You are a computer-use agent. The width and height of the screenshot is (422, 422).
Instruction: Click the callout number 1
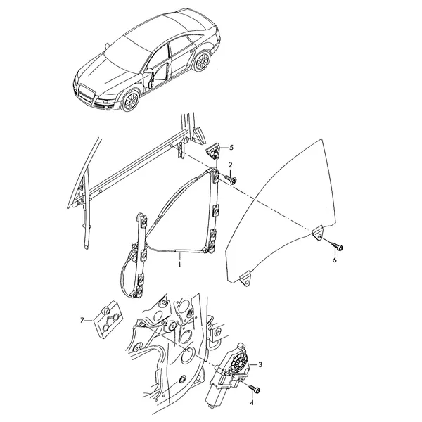click(x=179, y=264)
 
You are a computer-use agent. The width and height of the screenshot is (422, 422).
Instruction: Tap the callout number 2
click(x=230, y=165)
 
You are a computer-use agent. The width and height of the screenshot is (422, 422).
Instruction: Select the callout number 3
click(x=260, y=364)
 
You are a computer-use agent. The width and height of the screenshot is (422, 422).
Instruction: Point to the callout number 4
click(x=252, y=402)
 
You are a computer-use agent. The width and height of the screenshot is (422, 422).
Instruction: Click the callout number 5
click(x=231, y=148)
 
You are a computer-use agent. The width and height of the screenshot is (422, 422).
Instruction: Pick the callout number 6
click(x=335, y=260)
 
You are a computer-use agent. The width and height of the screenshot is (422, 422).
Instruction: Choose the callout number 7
click(x=82, y=320)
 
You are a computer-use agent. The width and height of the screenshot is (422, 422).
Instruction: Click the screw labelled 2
click(x=231, y=179)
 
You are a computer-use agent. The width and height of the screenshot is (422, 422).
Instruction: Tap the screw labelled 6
click(x=338, y=246)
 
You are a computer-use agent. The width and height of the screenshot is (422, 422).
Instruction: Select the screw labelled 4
click(x=255, y=388)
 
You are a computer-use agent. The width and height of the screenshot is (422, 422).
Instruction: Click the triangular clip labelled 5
click(x=214, y=151)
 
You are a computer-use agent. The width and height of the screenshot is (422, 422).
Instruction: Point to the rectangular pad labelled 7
click(x=108, y=319)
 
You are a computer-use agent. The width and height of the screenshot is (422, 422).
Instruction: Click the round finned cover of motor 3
click(x=238, y=363)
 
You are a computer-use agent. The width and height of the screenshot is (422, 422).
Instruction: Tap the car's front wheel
click(x=131, y=101)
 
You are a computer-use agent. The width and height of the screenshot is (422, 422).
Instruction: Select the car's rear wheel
click(x=202, y=61)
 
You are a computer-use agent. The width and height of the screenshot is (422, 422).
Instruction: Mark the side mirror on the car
click(x=148, y=70)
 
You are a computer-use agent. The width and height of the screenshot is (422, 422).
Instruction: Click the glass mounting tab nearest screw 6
click(x=318, y=234)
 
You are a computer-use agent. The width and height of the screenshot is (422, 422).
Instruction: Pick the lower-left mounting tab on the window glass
click(x=245, y=279)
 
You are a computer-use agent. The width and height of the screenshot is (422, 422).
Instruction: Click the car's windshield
click(x=127, y=54)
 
